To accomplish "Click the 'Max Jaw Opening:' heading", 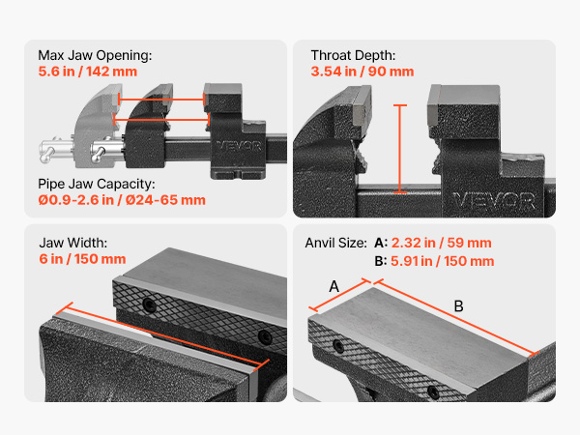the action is pyautogui.click(x=95, y=55).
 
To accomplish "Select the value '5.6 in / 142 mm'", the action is pyautogui.click(x=88, y=72).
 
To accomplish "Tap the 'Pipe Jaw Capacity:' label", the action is pyautogui.click(x=97, y=184).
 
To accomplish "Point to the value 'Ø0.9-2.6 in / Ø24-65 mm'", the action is pyautogui.click(x=122, y=200).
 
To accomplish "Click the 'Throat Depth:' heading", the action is pyautogui.click(x=353, y=55).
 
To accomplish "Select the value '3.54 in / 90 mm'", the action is pyautogui.click(x=362, y=72).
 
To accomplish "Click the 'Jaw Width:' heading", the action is pyautogui.click(x=73, y=243).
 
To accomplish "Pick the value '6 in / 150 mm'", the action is pyautogui.click(x=82, y=259).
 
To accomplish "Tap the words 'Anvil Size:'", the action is pyautogui.click(x=335, y=243).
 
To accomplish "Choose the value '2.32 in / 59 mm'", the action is pyautogui.click(x=442, y=243).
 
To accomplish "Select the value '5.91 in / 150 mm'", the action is pyautogui.click(x=443, y=261).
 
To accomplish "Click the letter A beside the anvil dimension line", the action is pyautogui.click(x=334, y=286).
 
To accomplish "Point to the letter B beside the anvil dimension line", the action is pyautogui.click(x=458, y=306).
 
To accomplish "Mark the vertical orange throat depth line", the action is pyautogui.click(x=400, y=149).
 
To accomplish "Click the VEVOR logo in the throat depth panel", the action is pyautogui.click(x=494, y=201).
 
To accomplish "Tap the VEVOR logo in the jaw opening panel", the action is pyautogui.click(x=239, y=146).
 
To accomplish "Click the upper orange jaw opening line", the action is pyautogui.click(x=160, y=100).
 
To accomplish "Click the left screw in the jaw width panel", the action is pyautogui.click(x=150, y=304).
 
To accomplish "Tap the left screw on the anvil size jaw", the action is pyautogui.click(x=338, y=346).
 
